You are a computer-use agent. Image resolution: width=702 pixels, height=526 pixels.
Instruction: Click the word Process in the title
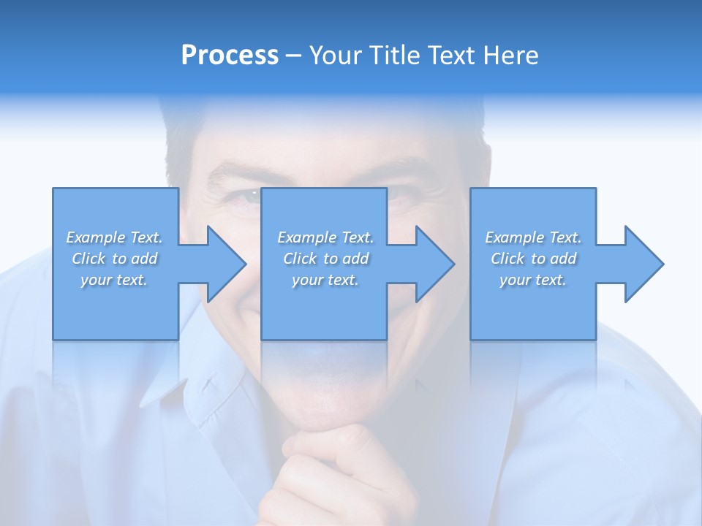(x=230, y=55)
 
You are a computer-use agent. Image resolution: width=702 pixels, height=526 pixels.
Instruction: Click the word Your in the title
(x=336, y=56)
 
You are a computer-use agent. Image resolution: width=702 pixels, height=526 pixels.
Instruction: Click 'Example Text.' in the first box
(x=114, y=237)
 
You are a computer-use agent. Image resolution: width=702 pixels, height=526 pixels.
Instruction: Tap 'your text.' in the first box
(x=114, y=280)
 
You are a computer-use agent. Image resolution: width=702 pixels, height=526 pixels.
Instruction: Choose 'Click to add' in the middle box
(x=325, y=259)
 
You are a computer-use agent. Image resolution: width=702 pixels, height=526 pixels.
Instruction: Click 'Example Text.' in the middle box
(x=325, y=237)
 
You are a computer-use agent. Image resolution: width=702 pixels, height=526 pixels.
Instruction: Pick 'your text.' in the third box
(x=533, y=280)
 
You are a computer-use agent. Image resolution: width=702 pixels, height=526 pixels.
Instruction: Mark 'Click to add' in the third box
(x=533, y=259)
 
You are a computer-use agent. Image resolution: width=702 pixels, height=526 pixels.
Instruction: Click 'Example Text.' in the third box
(x=533, y=237)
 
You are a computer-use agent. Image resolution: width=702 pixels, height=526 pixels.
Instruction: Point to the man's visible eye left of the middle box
(x=246, y=196)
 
